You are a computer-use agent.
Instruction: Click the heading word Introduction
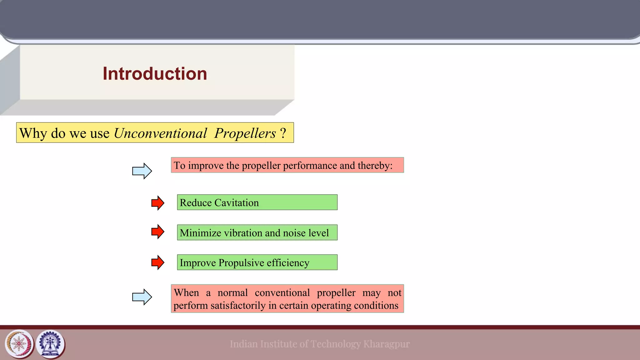[155, 74]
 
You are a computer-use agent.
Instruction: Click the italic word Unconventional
[160, 133]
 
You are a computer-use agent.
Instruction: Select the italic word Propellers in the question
[245, 133]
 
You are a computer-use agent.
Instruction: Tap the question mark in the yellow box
[283, 133]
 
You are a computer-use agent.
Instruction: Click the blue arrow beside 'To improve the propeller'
[142, 171]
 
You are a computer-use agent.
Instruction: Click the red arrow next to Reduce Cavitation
[157, 203]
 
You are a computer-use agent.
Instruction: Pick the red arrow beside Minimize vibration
[157, 232]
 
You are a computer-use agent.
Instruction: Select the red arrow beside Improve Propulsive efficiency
[157, 262]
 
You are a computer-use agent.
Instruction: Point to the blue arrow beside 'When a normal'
[142, 297]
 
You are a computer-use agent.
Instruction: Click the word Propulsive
[241, 263]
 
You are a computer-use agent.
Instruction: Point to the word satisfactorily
[238, 305]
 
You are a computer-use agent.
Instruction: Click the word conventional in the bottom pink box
[282, 293]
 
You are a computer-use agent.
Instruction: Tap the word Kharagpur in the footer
[386, 344]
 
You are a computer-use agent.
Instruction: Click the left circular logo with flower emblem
[19, 344]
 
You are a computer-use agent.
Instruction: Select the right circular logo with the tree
[50, 344]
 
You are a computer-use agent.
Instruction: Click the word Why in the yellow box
[33, 133]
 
